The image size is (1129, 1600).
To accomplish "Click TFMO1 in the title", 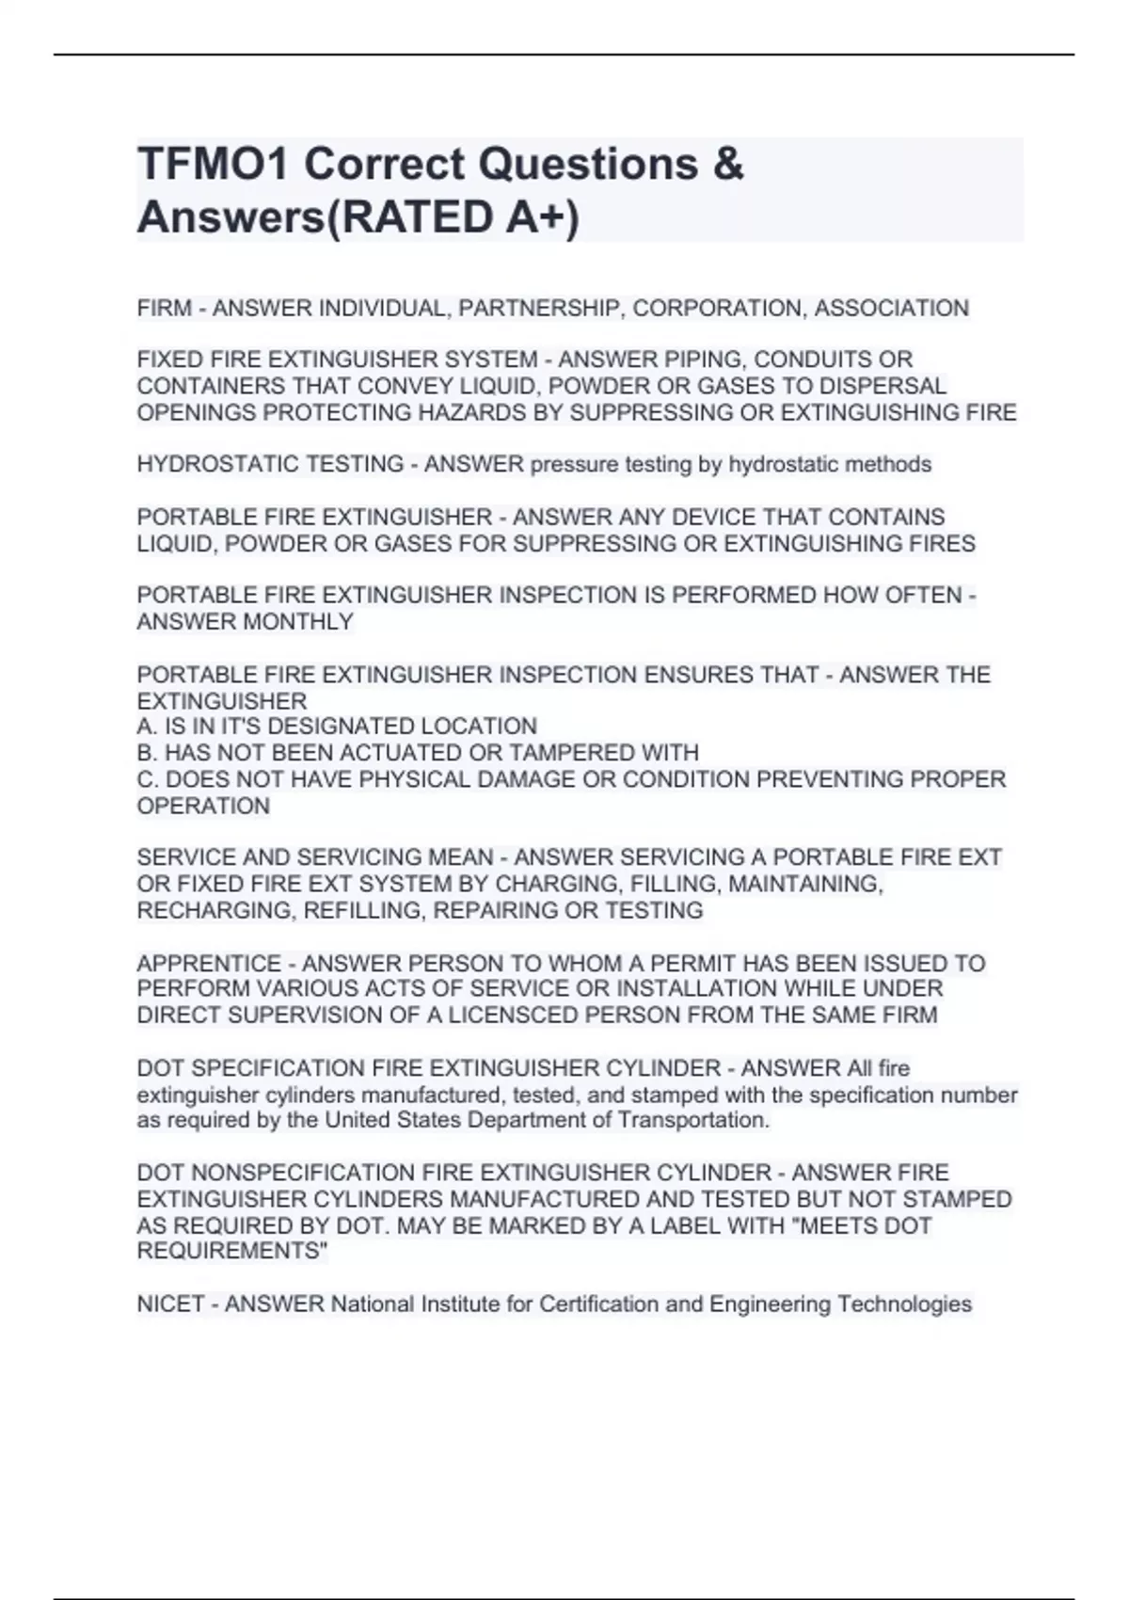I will (214, 164).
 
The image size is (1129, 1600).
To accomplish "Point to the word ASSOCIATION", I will (891, 308).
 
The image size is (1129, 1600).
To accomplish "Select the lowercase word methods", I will (887, 464).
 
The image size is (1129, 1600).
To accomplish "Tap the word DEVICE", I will (703, 517).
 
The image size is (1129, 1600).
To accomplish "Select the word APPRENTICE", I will (209, 963).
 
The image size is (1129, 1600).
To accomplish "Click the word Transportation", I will (693, 1120).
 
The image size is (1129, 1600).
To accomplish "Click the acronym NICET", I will (170, 1304).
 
